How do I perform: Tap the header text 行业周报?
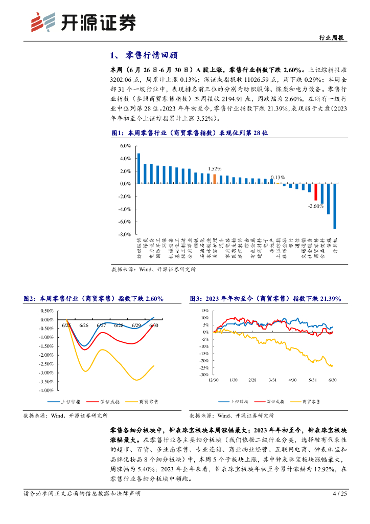(x=331, y=38)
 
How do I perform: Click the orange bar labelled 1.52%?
(x=215, y=179)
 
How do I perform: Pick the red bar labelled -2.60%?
(x=316, y=192)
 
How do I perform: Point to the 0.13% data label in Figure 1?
(x=277, y=178)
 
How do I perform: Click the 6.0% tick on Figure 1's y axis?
(x=125, y=146)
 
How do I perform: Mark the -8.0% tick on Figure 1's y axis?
(x=125, y=234)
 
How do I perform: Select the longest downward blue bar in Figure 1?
(x=335, y=206)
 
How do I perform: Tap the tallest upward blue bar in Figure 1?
(x=138, y=168)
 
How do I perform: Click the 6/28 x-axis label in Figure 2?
(x=119, y=325)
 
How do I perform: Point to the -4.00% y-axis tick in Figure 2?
(x=46, y=390)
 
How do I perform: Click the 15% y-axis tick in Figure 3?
(x=204, y=311)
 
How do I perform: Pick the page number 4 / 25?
(x=340, y=494)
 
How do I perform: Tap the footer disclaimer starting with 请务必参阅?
(x=82, y=494)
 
